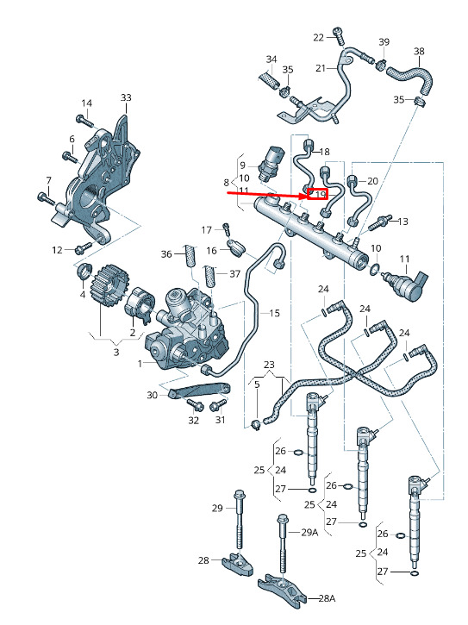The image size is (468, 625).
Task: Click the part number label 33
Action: click(x=126, y=97)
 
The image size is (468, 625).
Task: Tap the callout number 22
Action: click(x=319, y=37)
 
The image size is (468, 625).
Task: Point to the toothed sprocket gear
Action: click(x=109, y=287)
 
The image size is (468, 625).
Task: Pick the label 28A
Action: click(x=327, y=598)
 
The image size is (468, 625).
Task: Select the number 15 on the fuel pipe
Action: click(x=274, y=313)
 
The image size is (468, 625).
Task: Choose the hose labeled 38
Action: click(x=410, y=78)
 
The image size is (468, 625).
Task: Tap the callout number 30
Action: click(x=153, y=395)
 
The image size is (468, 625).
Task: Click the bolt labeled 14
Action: click(x=84, y=121)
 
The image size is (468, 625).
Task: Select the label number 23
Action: click(x=269, y=365)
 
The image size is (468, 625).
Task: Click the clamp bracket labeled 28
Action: click(x=238, y=562)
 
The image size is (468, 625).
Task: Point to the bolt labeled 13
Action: click(x=379, y=223)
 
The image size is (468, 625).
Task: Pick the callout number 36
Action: click(x=166, y=254)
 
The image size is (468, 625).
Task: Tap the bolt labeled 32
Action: click(x=195, y=405)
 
